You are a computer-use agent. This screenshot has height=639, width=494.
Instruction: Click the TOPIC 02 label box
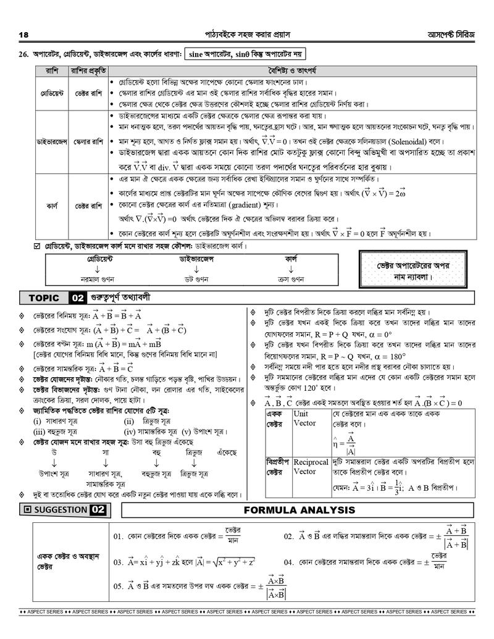[x=55, y=298]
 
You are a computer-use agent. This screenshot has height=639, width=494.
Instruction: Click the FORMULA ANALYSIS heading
[x=299, y=510]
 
